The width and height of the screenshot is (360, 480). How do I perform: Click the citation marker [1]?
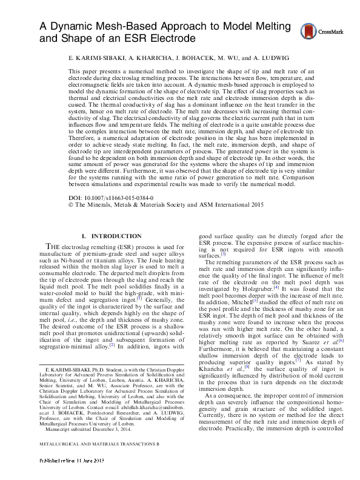(139, 298)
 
